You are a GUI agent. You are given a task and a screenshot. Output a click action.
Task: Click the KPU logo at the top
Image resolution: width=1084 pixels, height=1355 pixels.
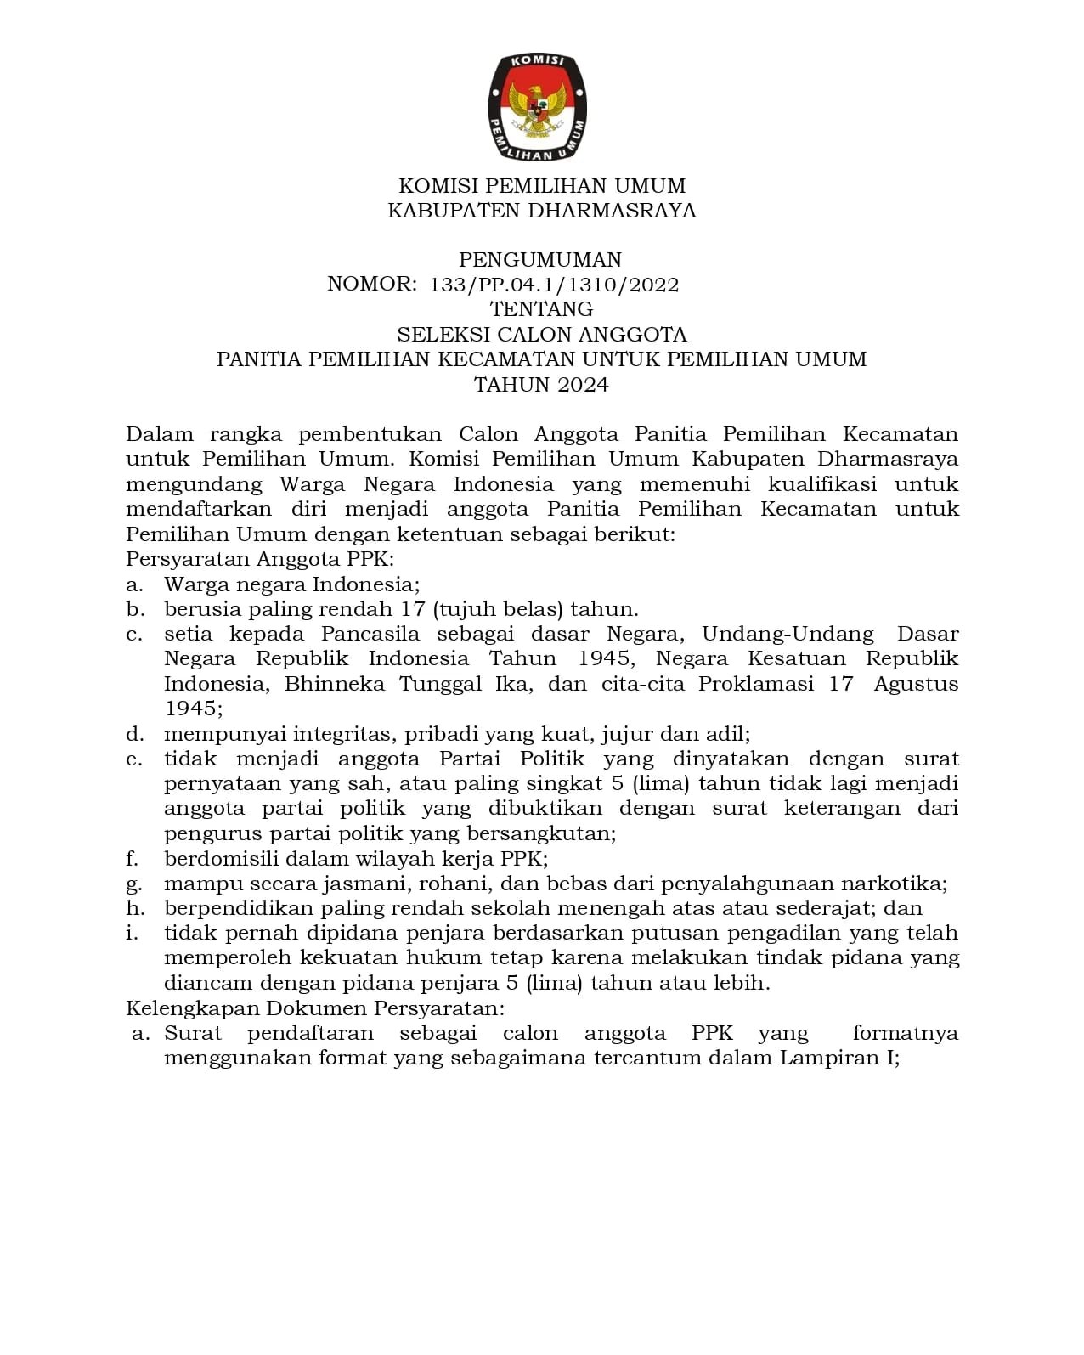(537, 108)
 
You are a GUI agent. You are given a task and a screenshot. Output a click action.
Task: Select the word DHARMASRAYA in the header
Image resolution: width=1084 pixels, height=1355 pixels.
(612, 211)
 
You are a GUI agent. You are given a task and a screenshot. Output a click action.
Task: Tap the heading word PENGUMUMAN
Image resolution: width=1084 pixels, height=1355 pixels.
(540, 260)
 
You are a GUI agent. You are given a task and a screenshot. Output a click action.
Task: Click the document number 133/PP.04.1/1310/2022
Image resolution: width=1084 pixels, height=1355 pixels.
(554, 285)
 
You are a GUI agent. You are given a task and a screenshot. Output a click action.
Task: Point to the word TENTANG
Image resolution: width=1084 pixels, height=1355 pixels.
(541, 309)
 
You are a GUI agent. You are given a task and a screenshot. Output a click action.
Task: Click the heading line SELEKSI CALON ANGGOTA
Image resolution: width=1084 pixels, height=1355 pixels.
(541, 334)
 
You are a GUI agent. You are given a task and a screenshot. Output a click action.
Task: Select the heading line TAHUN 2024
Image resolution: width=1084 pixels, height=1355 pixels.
(541, 385)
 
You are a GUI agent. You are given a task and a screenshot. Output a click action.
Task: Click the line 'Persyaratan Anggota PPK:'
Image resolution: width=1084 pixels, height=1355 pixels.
(260, 559)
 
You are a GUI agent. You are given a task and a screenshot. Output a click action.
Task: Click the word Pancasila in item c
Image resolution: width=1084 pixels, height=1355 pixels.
(370, 634)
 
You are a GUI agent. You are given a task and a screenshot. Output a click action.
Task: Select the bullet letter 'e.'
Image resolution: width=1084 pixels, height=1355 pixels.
(133, 759)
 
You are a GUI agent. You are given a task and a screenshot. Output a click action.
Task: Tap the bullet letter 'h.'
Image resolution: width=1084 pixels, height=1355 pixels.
(133, 908)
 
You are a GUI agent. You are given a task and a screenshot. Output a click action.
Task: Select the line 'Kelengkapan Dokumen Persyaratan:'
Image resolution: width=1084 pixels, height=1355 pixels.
(315, 1008)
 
